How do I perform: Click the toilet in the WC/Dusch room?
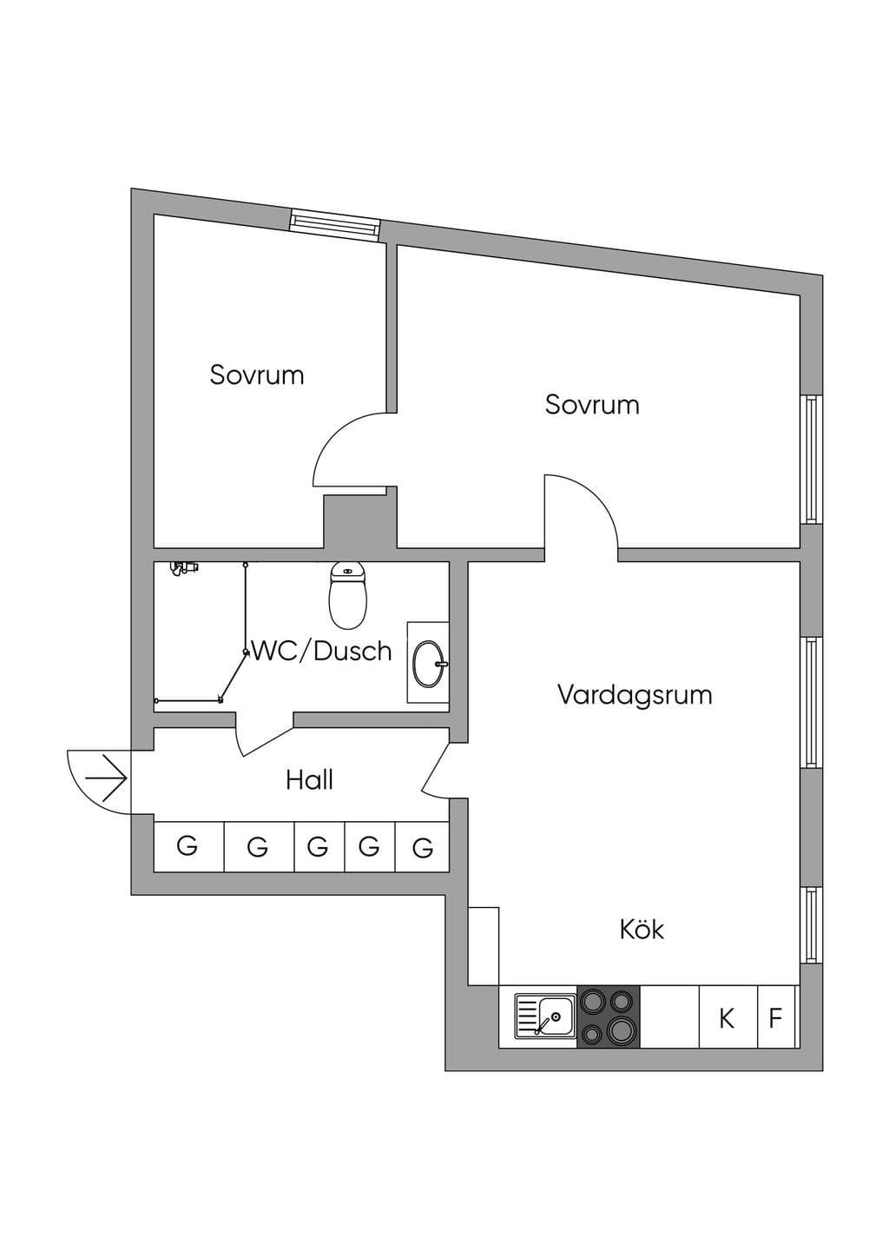[x=348, y=595]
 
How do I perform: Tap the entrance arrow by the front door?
[x=106, y=779]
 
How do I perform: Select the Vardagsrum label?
[x=635, y=696]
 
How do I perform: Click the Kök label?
[x=642, y=929]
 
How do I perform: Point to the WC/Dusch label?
[x=321, y=651]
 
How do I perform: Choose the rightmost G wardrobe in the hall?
[x=423, y=847]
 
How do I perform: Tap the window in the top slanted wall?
[x=334, y=225]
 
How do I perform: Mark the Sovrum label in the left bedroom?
[x=257, y=375]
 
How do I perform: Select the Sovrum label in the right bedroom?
[x=592, y=404]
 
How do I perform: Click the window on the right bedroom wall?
[x=810, y=459]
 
